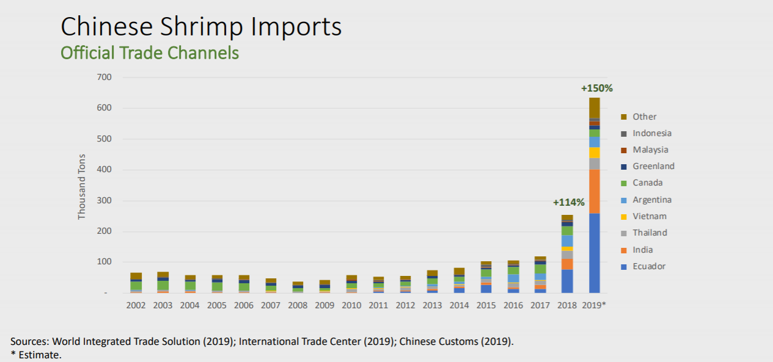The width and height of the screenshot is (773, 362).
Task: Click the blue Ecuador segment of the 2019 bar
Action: click(595, 253)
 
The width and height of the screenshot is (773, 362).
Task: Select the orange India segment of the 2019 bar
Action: click(595, 191)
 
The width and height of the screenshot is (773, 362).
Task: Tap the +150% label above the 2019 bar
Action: click(596, 88)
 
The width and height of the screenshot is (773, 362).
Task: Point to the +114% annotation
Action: click(568, 202)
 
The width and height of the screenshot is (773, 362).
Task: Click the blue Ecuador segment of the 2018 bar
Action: click(567, 281)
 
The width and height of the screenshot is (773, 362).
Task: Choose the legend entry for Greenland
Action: click(653, 166)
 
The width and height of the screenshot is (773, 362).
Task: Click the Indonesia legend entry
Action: click(651, 133)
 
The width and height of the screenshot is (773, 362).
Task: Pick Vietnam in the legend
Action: click(649, 216)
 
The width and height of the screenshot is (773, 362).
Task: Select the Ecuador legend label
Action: click(649, 266)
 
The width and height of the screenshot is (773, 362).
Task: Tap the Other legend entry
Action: click(644, 117)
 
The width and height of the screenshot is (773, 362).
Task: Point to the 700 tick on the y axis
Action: click(103, 78)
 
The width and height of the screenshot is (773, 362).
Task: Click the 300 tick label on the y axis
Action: click(103, 201)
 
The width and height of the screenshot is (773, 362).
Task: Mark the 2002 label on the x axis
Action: click(136, 305)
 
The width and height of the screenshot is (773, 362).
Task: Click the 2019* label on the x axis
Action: click(595, 305)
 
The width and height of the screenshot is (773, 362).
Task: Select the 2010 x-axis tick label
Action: click(351, 305)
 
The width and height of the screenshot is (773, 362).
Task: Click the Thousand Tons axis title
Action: click(82, 186)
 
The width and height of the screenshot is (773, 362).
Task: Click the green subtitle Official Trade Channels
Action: click(150, 53)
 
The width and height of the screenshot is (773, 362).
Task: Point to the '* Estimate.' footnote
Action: click(36, 354)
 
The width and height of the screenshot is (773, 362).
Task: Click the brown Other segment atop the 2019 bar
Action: click(595, 107)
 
